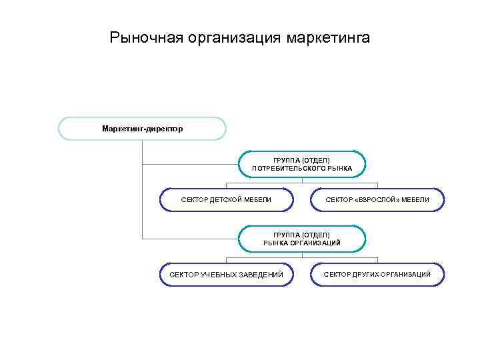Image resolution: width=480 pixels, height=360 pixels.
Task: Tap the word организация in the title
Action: (x=230, y=38)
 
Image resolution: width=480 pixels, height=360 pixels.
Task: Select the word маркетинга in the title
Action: (x=327, y=38)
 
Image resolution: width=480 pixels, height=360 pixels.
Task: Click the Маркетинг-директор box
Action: (x=142, y=128)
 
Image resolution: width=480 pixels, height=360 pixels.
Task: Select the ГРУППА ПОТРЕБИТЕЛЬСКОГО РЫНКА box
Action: (x=302, y=164)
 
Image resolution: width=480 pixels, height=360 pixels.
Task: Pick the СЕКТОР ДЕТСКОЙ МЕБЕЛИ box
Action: (x=226, y=200)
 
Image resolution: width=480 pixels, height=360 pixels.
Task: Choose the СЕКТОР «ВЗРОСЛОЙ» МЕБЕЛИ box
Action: (x=377, y=200)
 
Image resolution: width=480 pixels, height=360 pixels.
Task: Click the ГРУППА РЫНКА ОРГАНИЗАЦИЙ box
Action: (x=302, y=239)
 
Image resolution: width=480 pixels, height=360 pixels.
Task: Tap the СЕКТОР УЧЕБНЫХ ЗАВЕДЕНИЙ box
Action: (x=226, y=274)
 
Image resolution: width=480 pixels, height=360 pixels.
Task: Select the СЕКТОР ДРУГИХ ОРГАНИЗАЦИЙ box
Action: (x=377, y=274)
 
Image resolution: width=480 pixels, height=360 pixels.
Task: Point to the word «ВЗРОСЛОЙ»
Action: (x=378, y=200)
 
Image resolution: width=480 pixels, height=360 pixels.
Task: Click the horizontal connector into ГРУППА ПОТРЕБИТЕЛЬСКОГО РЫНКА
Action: (x=191, y=164)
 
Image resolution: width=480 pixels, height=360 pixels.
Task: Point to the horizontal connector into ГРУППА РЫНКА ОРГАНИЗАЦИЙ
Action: (x=191, y=239)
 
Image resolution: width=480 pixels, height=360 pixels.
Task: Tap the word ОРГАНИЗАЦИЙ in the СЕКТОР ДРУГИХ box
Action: (x=408, y=274)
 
